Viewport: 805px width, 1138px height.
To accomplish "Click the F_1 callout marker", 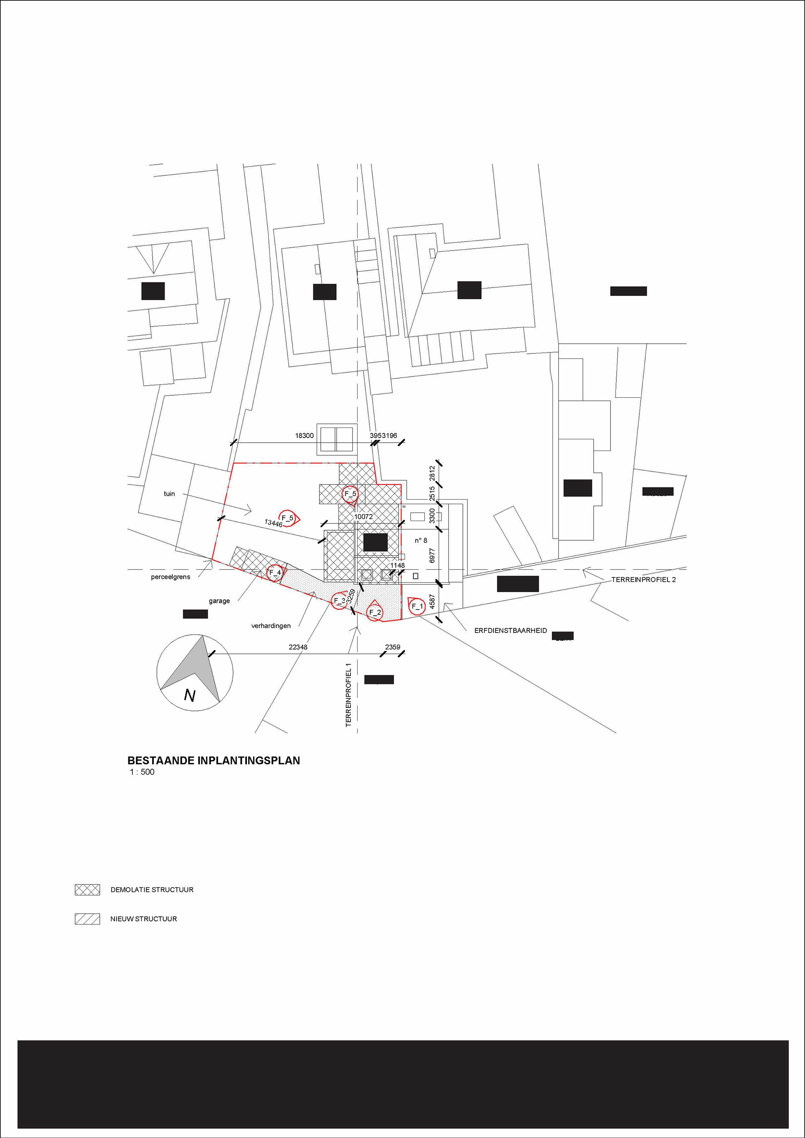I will [417, 606].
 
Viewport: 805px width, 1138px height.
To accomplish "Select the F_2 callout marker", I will [375, 612].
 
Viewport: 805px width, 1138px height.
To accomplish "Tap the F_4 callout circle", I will [275, 573].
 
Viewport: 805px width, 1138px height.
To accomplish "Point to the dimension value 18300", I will [304, 435].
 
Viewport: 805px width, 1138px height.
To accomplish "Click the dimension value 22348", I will [298, 647].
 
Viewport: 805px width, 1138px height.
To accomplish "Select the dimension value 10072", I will [364, 516].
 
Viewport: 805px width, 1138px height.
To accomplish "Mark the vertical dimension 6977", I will [432, 555].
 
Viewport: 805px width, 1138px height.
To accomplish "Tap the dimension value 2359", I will [392, 647].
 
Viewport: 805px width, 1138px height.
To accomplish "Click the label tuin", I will [169, 494].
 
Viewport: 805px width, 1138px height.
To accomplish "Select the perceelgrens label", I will [171, 577].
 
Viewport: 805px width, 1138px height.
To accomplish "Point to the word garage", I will [219, 601].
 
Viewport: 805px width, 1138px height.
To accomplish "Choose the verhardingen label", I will [271, 626].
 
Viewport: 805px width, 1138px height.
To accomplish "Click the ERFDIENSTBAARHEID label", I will [511, 630].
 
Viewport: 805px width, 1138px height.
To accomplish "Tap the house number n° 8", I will [421, 540].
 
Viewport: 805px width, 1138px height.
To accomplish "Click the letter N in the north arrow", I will [190, 696].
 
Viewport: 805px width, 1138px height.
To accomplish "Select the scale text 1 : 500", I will [142, 772].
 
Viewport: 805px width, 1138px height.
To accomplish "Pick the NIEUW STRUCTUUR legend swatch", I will [87, 919].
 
